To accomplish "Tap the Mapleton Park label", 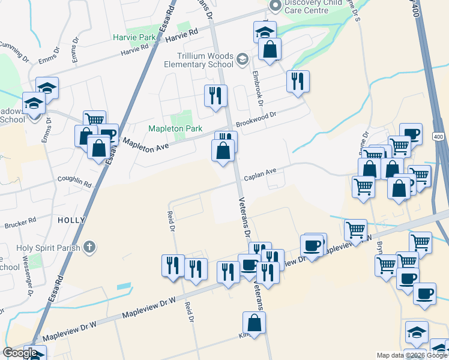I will tap(176, 128).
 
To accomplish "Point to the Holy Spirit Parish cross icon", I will tap(89, 246).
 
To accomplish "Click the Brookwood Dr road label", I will tap(256, 116).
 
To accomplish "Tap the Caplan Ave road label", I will tap(260, 175).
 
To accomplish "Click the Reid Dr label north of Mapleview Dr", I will tap(171, 220).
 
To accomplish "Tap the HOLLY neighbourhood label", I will tap(71, 220).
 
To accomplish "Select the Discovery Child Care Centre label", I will tap(313, 7).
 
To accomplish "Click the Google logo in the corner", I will tap(20, 353).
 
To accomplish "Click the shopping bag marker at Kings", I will tap(255, 322).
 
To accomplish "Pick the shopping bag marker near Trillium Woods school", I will tap(270, 49).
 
